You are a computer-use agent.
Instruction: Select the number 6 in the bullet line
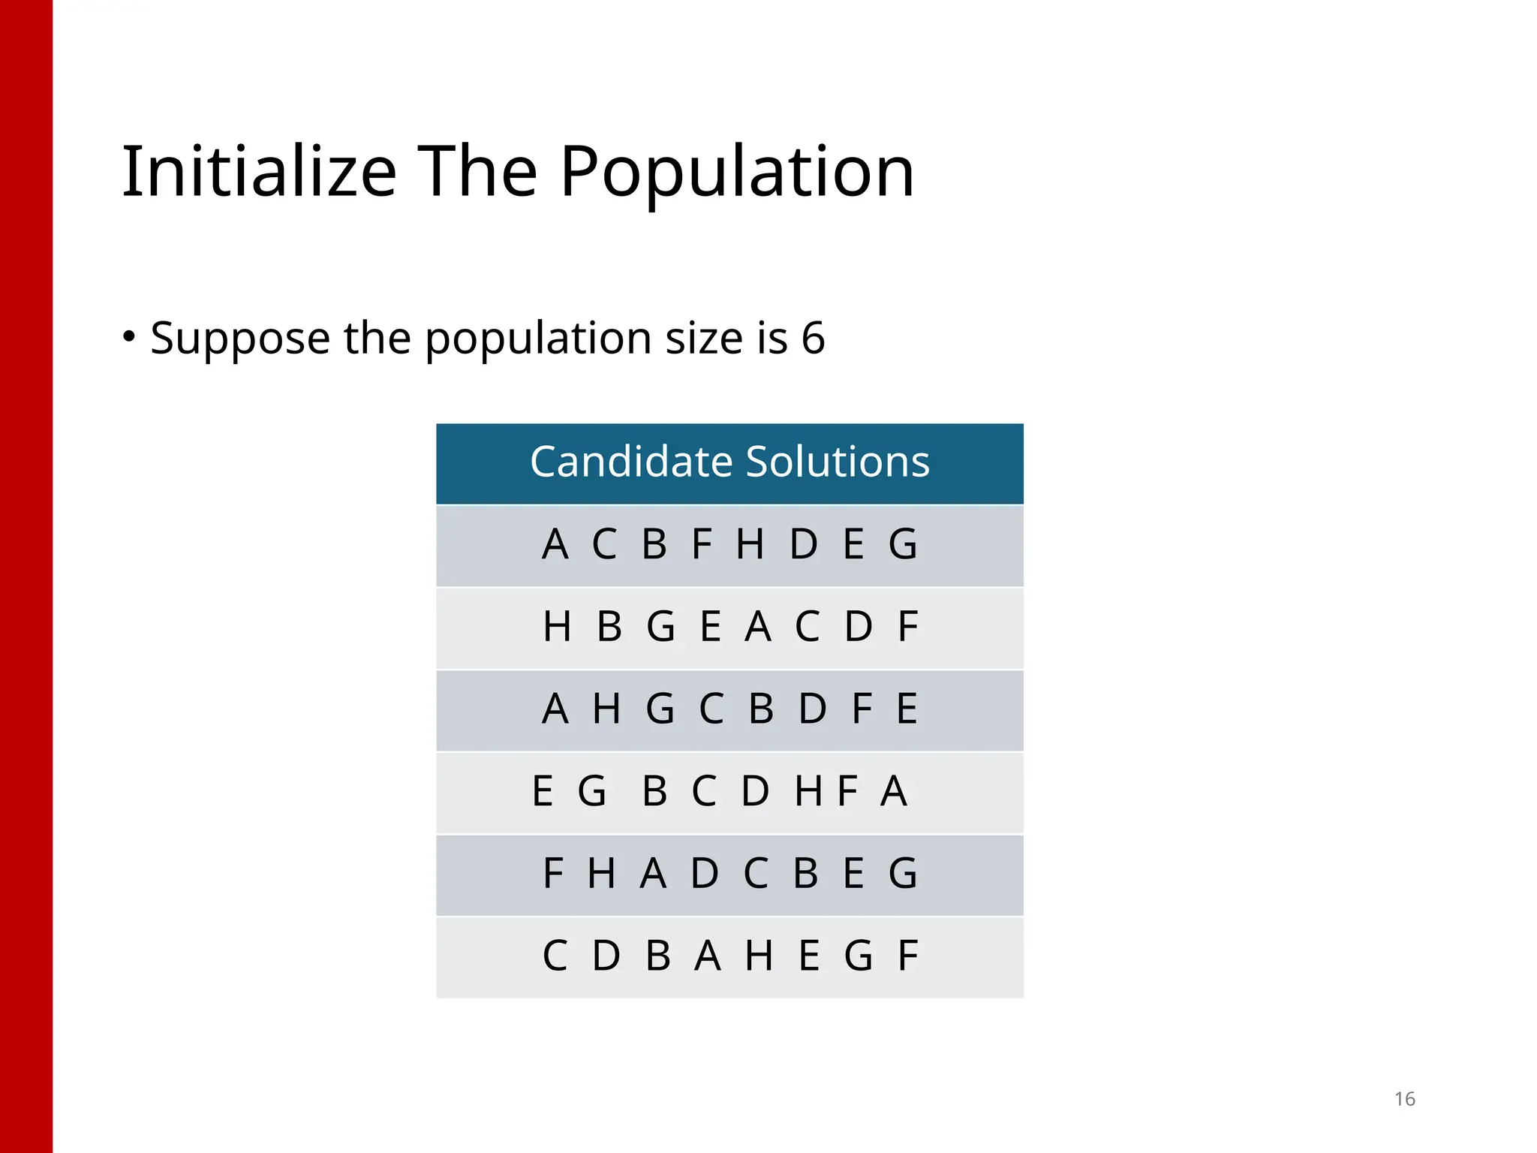(x=813, y=338)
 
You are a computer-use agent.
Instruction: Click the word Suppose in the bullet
(x=240, y=339)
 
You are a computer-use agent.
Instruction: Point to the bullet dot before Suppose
(x=129, y=336)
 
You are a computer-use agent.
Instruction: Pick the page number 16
(x=1404, y=1099)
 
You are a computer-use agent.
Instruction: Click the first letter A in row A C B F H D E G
(x=555, y=544)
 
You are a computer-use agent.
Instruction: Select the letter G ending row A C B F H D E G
(x=903, y=544)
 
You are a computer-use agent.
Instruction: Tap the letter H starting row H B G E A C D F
(x=557, y=627)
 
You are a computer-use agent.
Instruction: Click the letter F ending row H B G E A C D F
(x=908, y=627)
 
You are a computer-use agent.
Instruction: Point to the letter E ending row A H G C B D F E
(x=907, y=709)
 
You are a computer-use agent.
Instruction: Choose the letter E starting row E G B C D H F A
(x=543, y=791)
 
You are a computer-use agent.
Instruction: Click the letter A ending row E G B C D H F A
(x=894, y=791)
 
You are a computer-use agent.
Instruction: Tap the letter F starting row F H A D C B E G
(x=553, y=873)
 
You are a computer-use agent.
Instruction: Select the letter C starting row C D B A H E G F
(x=555, y=956)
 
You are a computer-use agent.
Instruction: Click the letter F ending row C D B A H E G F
(x=908, y=956)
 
